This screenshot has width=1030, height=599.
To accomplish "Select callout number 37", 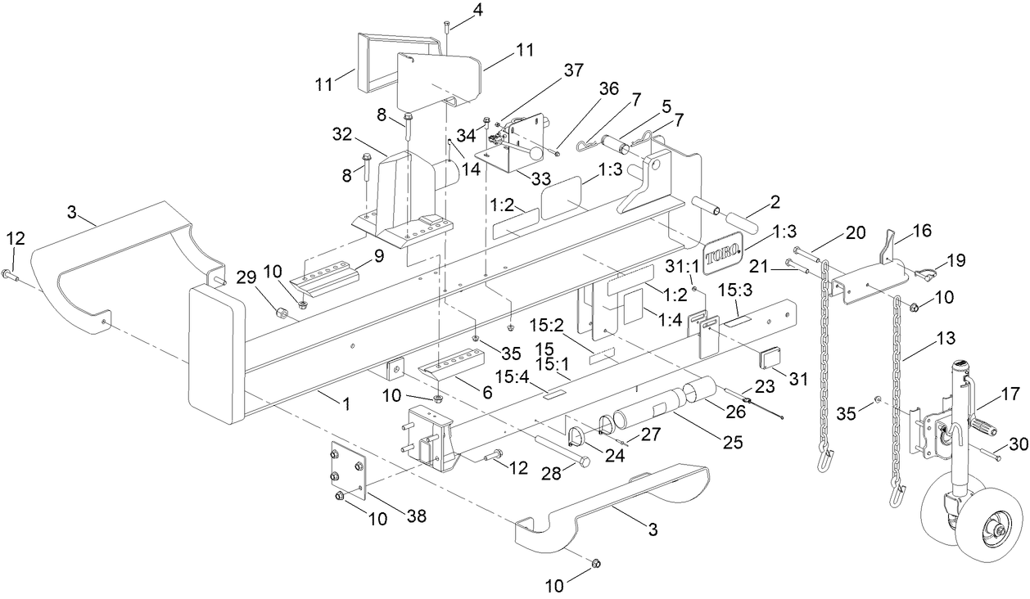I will pyautogui.click(x=574, y=70).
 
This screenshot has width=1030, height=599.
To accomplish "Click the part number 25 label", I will pyautogui.click(x=733, y=443).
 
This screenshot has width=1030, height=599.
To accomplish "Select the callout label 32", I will pyautogui.click(x=342, y=132).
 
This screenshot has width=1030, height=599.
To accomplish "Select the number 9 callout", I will pyautogui.click(x=378, y=256).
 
